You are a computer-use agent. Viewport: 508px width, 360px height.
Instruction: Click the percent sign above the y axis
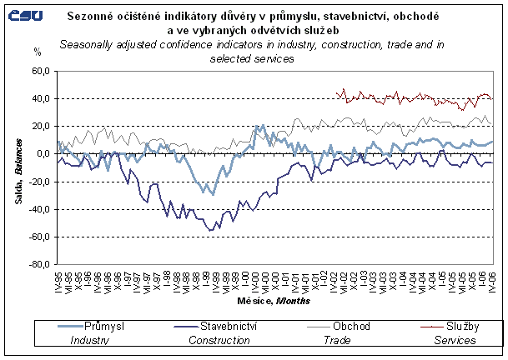click(37, 52)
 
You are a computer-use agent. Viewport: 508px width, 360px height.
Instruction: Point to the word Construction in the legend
click(220, 339)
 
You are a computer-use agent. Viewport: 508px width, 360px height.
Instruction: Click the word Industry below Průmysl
click(90, 339)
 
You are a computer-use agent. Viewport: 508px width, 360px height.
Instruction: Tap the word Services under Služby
click(457, 339)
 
